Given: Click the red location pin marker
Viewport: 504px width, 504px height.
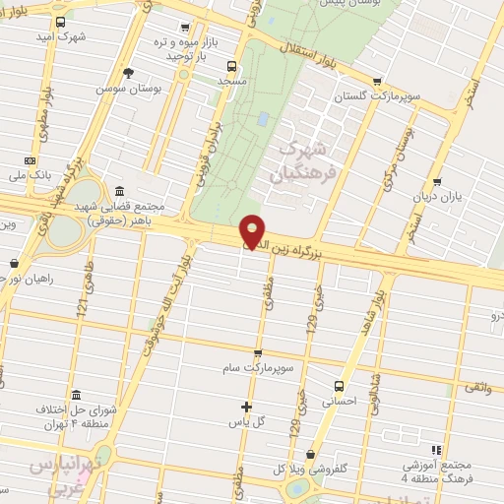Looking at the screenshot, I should [253, 231].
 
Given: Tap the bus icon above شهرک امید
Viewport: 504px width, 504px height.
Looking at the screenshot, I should [61, 22].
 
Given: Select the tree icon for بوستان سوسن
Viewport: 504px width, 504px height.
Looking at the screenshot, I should [128, 72].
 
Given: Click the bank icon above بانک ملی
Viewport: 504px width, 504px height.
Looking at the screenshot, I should [31, 159].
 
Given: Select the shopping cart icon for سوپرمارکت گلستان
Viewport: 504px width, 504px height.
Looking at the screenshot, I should [377, 83].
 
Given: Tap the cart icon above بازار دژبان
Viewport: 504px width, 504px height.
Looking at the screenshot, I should [437, 181].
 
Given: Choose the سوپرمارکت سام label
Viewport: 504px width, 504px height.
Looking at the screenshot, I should [258, 367].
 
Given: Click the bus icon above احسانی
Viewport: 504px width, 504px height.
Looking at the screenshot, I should [340, 386].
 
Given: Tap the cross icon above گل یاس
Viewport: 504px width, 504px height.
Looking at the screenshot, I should [246, 407].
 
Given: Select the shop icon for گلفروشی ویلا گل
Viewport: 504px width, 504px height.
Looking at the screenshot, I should [311, 455].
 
